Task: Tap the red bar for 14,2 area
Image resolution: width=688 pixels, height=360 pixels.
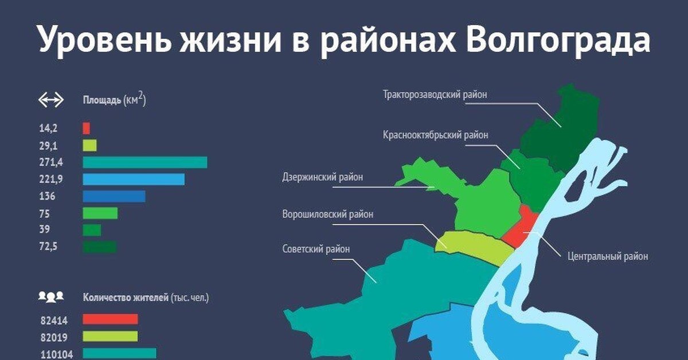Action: (x=86, y=128)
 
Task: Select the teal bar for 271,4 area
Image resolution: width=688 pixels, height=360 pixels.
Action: (x=144, y=162)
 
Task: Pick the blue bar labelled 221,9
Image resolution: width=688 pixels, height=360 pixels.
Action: (x=134, y=179)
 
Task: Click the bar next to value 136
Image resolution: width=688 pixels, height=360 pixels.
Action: (x=114, y=196)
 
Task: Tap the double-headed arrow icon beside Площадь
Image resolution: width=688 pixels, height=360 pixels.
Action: (x=50, y=100)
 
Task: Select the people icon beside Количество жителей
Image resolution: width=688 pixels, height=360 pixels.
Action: (x=50, y=297)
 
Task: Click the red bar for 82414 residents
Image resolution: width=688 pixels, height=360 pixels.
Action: (x=110, y=319)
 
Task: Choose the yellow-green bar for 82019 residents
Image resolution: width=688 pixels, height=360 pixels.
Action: (x=110, y=336)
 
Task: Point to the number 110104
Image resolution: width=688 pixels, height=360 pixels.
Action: (x=56, y=354)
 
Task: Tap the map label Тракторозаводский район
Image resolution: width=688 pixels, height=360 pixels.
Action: (x=435, y=95)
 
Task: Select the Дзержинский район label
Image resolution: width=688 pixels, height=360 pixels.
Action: (x=323, y=177)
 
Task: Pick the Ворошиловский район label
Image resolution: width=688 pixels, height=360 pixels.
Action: (x=327, y=214)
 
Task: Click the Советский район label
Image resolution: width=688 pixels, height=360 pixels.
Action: (x=316, y=249)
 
